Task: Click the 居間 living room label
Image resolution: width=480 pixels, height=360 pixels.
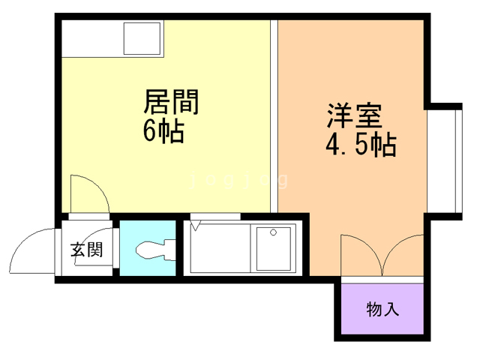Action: pos(171,101)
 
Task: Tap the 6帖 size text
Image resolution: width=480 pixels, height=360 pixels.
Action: pos(163,131)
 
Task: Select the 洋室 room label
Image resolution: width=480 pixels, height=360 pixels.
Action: pos(355,115)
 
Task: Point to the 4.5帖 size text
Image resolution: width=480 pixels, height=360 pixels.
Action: pos(360,145)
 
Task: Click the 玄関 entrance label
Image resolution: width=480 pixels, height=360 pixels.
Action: pos(86,250)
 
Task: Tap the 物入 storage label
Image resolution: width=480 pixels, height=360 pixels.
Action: pos(382,308)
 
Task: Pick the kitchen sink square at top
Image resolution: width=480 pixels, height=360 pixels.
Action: pos(142,37)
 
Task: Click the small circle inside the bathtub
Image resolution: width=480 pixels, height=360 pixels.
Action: pos(273,231)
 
